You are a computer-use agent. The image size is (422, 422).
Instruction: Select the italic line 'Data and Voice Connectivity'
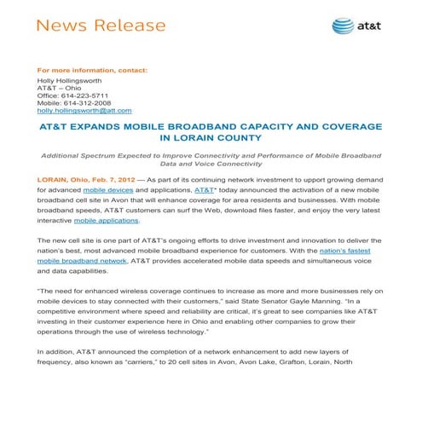pos(210,165)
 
